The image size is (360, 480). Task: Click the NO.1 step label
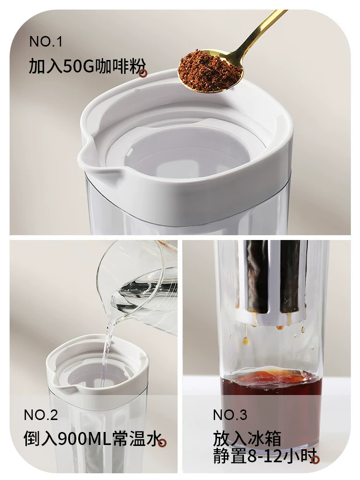[x=46, y=42]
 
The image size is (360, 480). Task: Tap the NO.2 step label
[x=41, y=415]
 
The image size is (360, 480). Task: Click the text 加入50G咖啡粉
[x=84, y=66]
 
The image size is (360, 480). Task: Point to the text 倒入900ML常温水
[x=91, y=439]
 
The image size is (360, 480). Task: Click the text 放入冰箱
[x=247, y=439]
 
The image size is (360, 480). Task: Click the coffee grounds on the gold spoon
[x=209, y=72]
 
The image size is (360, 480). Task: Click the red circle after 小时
[x=315, y=459]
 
